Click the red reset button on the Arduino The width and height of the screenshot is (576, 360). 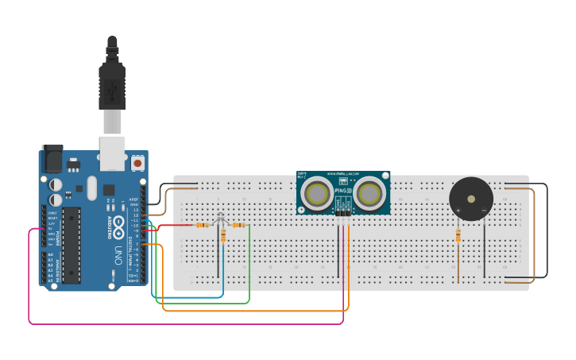(138, 163)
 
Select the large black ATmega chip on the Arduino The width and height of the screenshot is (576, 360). (72, 245)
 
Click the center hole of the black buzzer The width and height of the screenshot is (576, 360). (470, 199)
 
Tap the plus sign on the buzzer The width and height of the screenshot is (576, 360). (458, 211)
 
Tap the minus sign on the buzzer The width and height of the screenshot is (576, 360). (483, 211)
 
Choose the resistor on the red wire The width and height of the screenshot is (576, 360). (203, 225)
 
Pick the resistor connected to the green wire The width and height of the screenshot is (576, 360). (239, 225)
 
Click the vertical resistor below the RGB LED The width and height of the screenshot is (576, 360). (223, 235)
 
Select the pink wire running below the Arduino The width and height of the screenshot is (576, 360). (183, 323)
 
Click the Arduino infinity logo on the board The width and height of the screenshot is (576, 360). (118, 225)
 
